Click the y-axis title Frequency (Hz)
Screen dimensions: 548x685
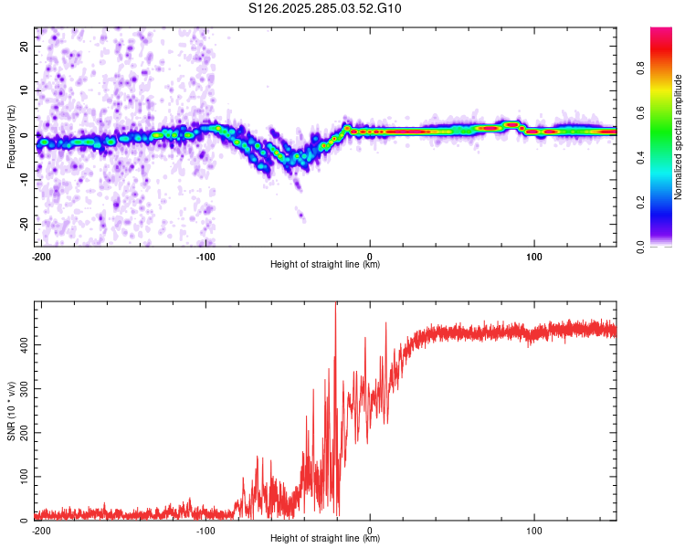[x=11, y=136]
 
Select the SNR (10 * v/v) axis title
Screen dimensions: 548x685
[x=11, y=412]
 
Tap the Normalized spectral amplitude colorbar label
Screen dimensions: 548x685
[x=679, y=137]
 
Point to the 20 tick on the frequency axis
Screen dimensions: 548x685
[x=26, y=46]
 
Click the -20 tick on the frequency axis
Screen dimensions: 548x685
[x=24, y=225]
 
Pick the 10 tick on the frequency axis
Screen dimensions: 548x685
[x=26, y=90]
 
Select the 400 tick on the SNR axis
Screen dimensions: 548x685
[x=21, y=344]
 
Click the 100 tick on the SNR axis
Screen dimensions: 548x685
[x=21, y=477]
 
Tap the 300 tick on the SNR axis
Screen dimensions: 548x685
[x=21, y=388]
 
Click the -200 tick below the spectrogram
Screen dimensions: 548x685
[x=40, y=256]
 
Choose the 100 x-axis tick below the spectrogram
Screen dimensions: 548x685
[x=534, y=256]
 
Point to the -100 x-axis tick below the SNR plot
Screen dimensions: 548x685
[x=205, y=530]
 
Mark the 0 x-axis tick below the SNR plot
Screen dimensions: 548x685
[x=370, y=530]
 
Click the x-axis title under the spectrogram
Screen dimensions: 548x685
[x=325, y=265]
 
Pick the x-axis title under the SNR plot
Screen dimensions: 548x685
[x=325, y=539]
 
